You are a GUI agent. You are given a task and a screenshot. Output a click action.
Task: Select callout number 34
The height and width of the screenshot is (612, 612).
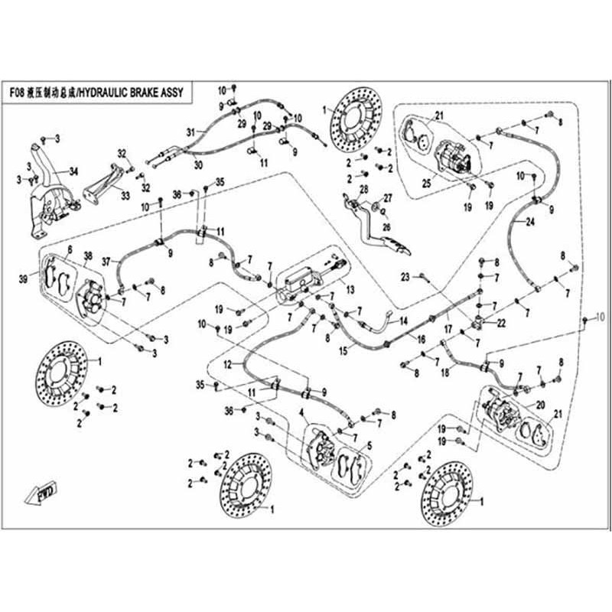pos(73,170)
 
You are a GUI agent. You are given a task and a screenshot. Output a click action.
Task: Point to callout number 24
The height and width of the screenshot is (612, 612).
pos(528,222)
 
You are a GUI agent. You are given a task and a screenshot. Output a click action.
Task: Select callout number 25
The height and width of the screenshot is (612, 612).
pos(426,184)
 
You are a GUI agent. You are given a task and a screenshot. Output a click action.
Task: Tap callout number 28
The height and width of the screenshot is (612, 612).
pos(364,189)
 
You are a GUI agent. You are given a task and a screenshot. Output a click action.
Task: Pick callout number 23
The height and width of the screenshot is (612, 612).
pos(406,275)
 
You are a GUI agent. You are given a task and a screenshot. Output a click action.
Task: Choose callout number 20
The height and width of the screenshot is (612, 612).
pos(540,405)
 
